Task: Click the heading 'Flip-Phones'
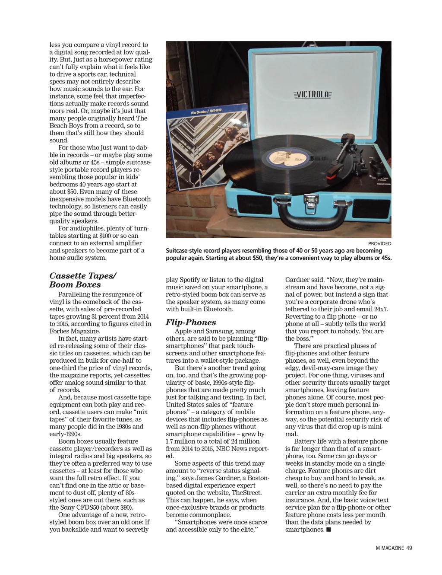(x=190, y=323)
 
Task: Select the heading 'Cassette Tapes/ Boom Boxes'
(x=82, y=280)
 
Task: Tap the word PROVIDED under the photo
(x=379, y=243)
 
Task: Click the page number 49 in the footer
(x=409, y=548)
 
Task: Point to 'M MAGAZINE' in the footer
(x=390, y=548)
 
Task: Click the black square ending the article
(x=329, y=529)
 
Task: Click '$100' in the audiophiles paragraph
(x=105, y=236)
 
